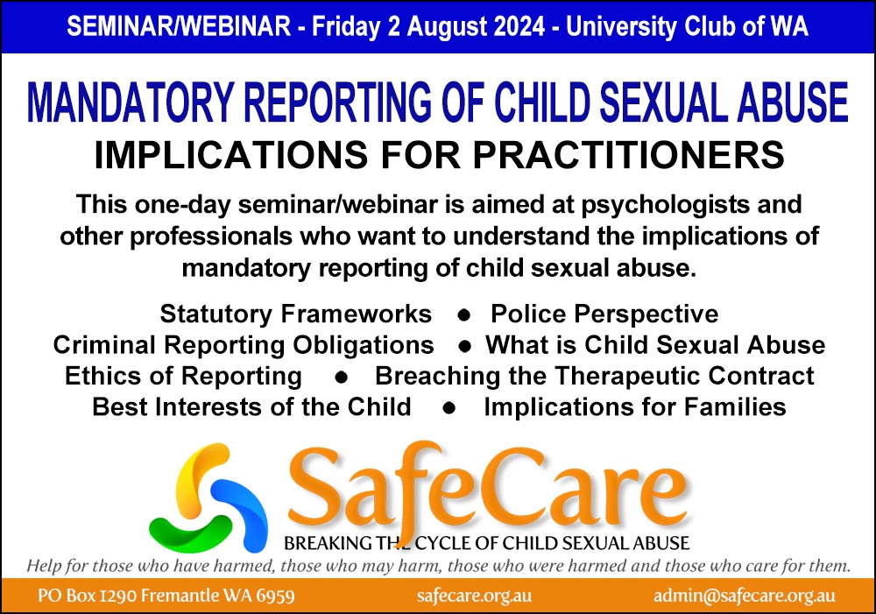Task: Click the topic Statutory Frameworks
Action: coord(295,314)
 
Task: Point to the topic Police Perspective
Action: coord(604,314)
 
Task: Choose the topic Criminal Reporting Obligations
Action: coord(244,345)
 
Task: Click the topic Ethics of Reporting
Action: coord(182,376)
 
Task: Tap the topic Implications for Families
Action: coord(634,407)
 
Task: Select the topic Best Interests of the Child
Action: coord(251,407)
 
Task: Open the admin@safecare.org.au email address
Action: coord(744,596)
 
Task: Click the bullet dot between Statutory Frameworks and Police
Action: coord(461,314)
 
